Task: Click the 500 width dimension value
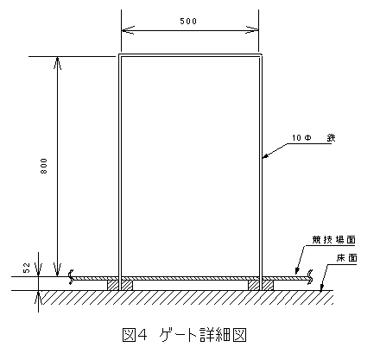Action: coord(188,21)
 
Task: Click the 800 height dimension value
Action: coord(43,166)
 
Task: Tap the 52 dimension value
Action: coord(27,268)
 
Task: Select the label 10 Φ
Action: coord(301,138)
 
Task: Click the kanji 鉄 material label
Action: coord(331,138)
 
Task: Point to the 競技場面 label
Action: coord(334,240)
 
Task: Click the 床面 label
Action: coord(346,258)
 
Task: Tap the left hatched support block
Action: coord(120,286)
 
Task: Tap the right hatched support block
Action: coord(261,286)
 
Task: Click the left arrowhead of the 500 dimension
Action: coord(128,30)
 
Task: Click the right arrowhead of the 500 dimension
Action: coord(252,30)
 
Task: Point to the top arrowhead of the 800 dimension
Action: coord(57,63)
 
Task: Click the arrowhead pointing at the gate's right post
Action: coord(266,156)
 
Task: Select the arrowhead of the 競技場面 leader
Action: coord(297,270)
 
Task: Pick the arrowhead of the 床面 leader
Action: coord(322,287)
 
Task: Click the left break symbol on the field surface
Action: coord(70,277)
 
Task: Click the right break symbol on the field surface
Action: coord(311,277)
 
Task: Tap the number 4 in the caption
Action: coord(142,334)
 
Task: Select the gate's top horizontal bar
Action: coord(190,55)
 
